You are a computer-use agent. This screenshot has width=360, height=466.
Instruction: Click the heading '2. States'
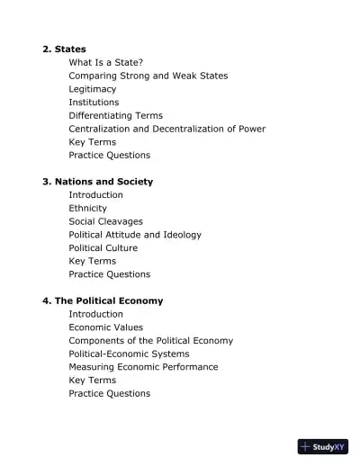[65, 49]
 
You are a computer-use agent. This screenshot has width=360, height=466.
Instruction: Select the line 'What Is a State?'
[106, 62]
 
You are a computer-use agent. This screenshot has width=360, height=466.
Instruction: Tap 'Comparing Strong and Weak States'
[148, 76]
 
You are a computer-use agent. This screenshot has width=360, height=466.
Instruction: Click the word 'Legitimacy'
[94, 89]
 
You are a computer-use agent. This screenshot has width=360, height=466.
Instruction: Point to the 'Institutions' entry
[94, 103]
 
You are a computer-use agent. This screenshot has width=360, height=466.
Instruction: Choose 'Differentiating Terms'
[115, 115]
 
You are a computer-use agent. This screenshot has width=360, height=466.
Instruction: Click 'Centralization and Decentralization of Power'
[166, 129]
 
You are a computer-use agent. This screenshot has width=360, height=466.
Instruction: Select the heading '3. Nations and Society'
[97, 182]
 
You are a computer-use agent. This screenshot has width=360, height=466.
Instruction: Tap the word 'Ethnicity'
[87, 208]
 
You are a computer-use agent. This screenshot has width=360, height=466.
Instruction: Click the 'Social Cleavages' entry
[105, 221]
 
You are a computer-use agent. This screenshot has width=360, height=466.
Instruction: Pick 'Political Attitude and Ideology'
[134, 235]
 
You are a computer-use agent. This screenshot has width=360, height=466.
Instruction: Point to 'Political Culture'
[103, 247]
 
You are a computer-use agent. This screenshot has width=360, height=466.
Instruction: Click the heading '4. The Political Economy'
[103, 300]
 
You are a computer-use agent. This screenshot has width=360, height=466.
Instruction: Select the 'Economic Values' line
[105, 327]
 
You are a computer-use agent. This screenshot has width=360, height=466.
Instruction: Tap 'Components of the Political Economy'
[150, 341]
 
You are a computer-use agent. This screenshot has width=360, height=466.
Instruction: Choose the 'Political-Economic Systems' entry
[129, 354]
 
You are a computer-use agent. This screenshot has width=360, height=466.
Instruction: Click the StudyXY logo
[322, 446]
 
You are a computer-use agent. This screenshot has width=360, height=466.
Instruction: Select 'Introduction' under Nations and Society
[95, 195]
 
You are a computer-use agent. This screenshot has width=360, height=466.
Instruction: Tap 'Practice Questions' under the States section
[109, 155]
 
